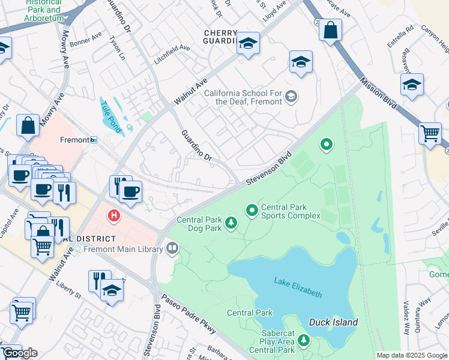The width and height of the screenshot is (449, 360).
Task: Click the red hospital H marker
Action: coord(112,215)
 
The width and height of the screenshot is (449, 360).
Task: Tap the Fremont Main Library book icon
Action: coord(173,248)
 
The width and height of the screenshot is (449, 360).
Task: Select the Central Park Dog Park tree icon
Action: coord(231,224)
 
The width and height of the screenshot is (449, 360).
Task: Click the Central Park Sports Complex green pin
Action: coord(252,210)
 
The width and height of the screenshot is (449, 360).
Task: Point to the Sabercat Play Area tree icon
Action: coord(304,341)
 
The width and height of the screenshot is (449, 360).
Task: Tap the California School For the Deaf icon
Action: coord(291,97)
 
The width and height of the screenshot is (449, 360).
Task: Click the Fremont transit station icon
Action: coord(94,140)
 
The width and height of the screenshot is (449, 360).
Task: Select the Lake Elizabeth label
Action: coord(298,287)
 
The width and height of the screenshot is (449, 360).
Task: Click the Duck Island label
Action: coord(333,322)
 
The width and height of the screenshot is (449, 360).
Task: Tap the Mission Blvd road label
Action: coord(379,94)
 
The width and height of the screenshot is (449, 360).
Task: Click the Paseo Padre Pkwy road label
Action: coord(190,312)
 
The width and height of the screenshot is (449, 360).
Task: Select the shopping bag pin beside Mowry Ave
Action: coord(28,125)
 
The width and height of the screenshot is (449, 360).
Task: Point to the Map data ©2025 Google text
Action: coord(411,355)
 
